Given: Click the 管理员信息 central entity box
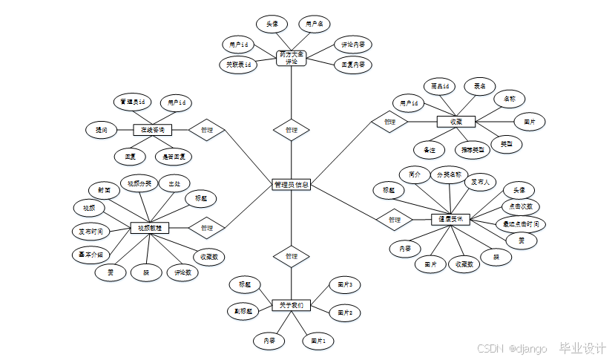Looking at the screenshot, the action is click(291, 184).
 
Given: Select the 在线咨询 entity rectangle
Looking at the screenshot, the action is click(153, 130).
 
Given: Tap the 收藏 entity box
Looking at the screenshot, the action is click(456, 121).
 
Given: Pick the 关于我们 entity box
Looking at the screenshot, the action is click(292, 305).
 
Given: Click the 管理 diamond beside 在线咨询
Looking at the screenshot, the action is click(207, 130).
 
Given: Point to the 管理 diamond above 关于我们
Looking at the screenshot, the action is click(292, 256).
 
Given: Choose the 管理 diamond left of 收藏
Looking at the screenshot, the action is click(389, 121).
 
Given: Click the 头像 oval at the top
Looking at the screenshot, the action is click(272, 24).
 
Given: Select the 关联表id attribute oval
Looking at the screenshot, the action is click(238, 65).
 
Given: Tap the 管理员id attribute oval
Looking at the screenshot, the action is click(133, 101).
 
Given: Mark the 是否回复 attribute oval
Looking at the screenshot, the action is click(174, 157).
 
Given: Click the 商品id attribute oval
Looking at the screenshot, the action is click(441, 86).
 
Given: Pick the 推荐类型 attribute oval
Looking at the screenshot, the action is click(472, 149).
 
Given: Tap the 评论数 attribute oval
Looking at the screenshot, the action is click(183, 272).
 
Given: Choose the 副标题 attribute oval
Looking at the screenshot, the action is click(244, 311).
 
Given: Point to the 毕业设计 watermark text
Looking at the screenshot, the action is click(582, 347).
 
